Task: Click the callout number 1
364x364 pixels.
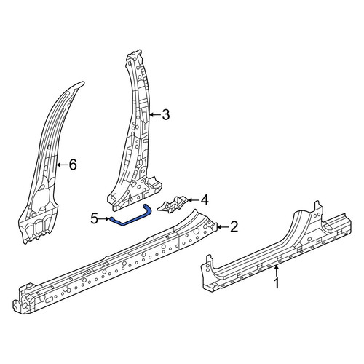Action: pyautogui.click(x=277, y=283)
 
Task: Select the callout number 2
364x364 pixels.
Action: pyautogui.click(x=234, y=227)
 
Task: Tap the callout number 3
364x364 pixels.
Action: pyautogui.click(x=166, y=114)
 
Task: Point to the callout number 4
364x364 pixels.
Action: pyautogui.click(x=205, y=200)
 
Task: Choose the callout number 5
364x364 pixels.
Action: pyautogui.click(x=94, y=218)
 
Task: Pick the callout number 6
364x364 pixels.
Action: pyautogui.click(x=73, y=165)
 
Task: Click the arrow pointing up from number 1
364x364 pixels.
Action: pyautogui.click(x=276, y=271)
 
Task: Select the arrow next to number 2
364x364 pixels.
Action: pyautogui.click(x=223, y=227)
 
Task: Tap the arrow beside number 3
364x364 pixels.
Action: pyautogui.click(x=154, y=114)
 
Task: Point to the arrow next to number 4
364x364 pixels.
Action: pyautogui.click(x=193, y=200)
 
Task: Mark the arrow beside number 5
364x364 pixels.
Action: pyautogui.click(x=104, y=219)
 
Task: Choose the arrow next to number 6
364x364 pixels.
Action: pyautogui.click(x=62, y=165)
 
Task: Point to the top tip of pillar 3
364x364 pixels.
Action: pyautogui.click(x=140, y=50)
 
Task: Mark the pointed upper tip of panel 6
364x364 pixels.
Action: pyautogui.click(x=84, y=82)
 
